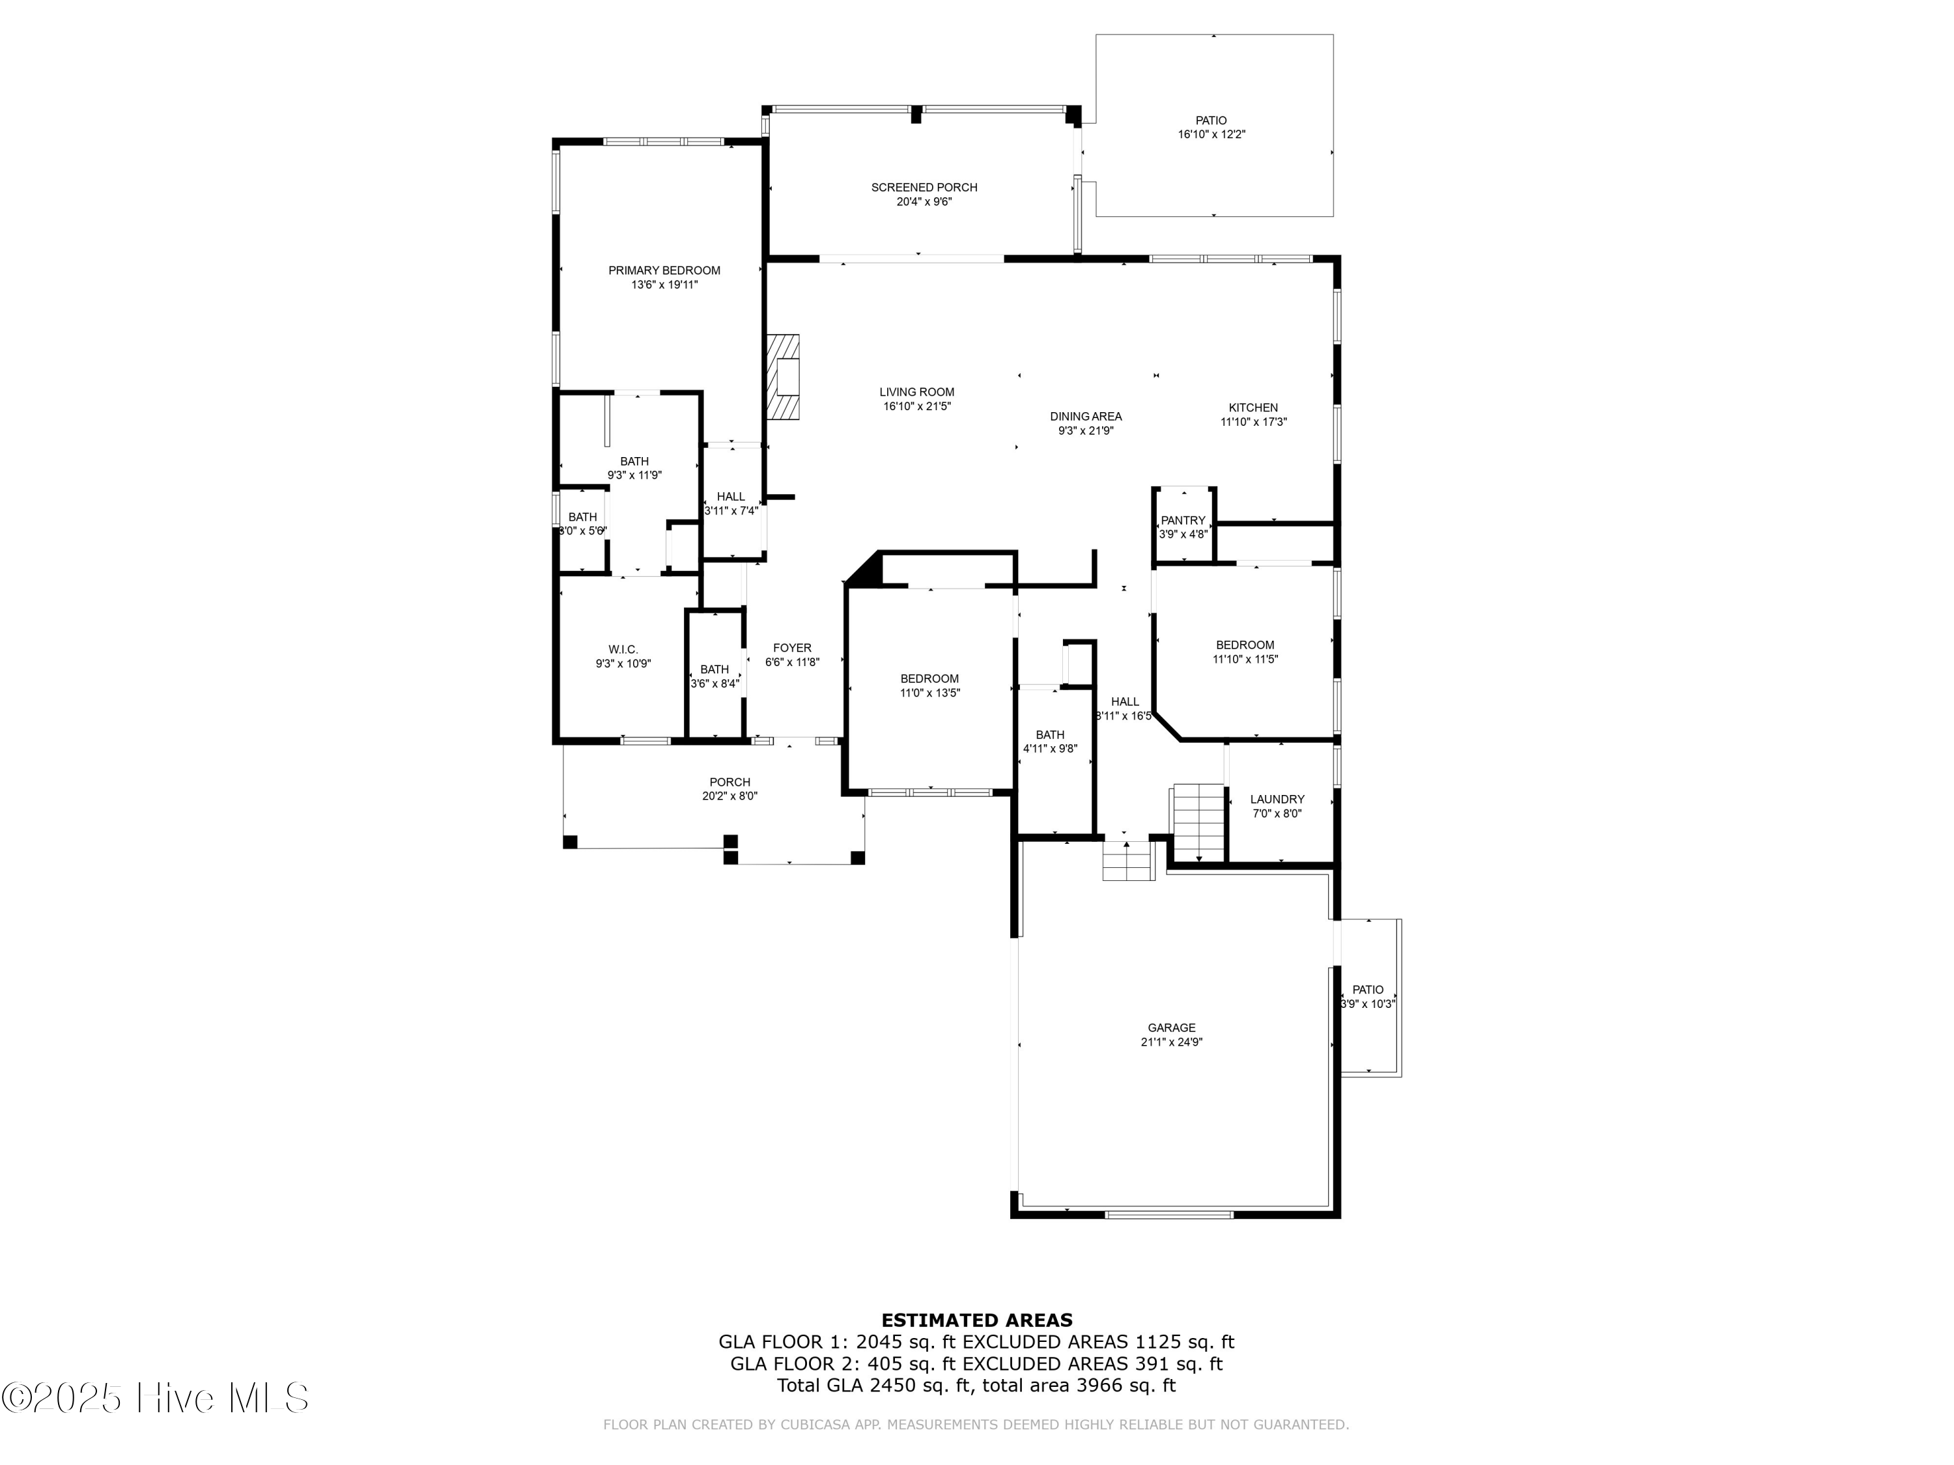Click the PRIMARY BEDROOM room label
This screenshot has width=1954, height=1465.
pyautogui.click(x=664, y=270)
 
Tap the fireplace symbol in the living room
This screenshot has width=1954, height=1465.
pyautogui.click(x=784, y=377)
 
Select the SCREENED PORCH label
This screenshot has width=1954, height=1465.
pyautogui.click(x=924, y=188)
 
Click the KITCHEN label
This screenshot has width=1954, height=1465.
pyautogui.click(x=1253, y=407)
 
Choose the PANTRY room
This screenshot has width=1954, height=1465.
pyautogui.click(x=1183, y=526)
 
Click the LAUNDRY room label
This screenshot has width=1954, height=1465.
pyautogui.click(x=1277, y=799)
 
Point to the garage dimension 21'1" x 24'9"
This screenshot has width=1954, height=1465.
pyautogui.click(x=1171, y=1042)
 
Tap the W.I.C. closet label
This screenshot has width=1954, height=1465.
pyautogui.click(x=623, y=649)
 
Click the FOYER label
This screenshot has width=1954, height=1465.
pyautogui.click(x=791, y=647)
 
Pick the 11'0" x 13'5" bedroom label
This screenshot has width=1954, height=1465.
pyautogui.click(x=929, y=693)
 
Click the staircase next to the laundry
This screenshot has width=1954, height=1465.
pyautogui.click(x=1198, y=821)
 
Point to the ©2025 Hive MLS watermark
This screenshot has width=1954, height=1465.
pyautogui.click(x=154, y=1398)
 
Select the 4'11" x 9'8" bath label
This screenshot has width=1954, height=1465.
pyautogui.click(x=1049, y=749)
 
